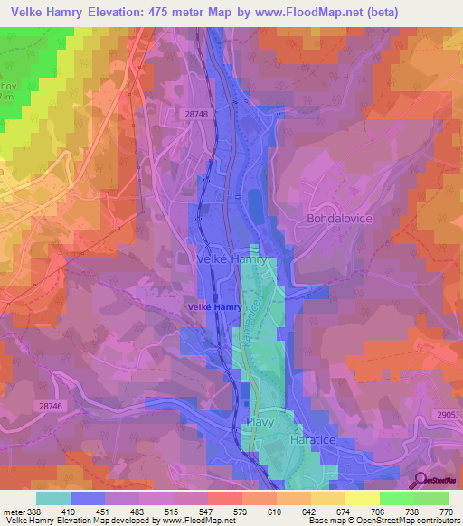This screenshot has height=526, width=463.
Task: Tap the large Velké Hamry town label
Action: pos(231,258)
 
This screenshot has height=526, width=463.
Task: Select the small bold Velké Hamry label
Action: pos(214,307)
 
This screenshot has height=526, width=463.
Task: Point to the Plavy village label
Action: pos(260,422)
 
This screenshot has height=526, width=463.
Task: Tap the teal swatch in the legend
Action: pos(53,498)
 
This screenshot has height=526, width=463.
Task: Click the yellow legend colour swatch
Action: pos(362,498)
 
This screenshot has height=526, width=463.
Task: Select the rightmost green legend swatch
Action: pos(430,498)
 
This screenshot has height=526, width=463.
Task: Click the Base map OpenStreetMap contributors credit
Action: pos(383,521)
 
